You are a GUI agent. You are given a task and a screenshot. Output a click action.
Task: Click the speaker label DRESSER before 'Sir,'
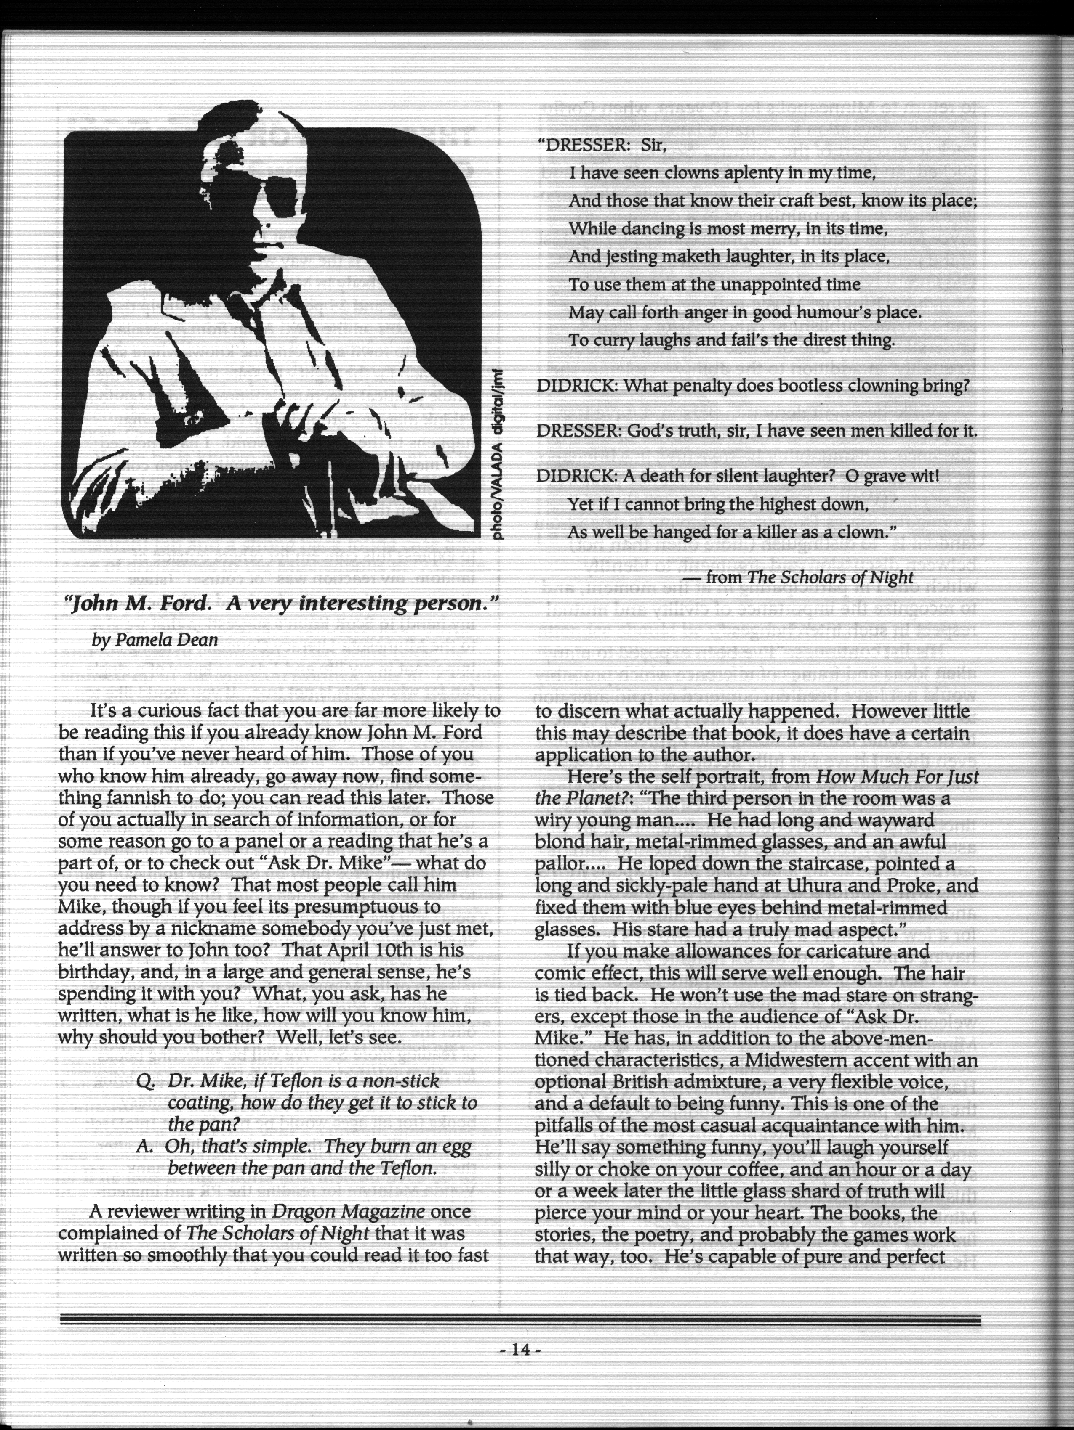click(580, 146)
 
